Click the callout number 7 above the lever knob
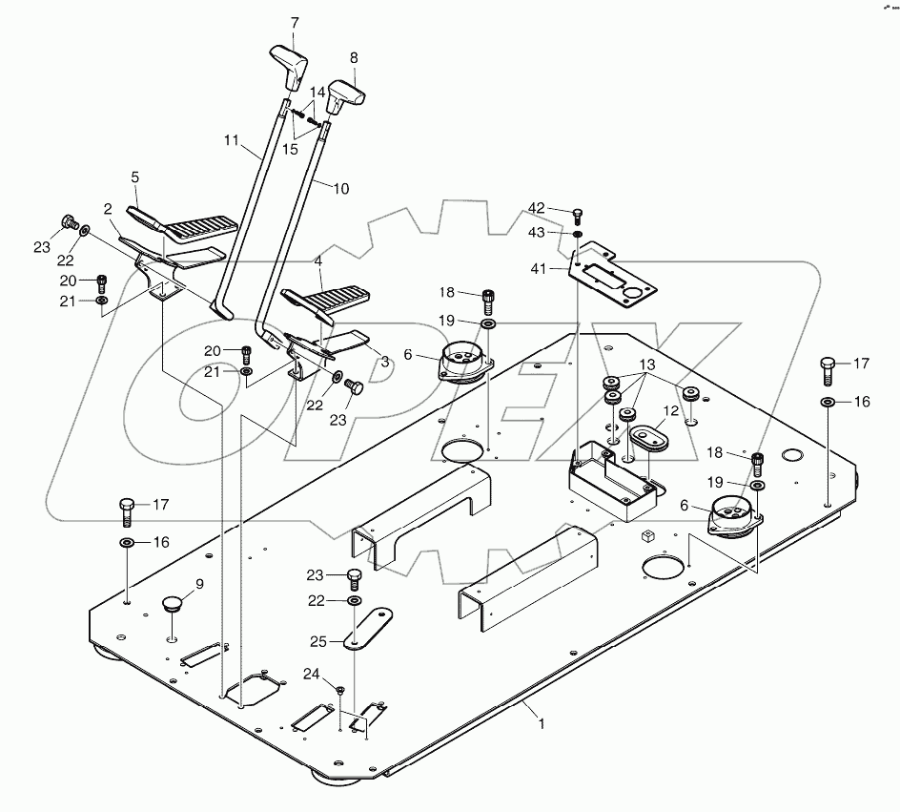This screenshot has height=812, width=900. [294, 22]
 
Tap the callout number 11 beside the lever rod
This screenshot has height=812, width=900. [232, 140]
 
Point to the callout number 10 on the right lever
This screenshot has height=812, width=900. [340, 189]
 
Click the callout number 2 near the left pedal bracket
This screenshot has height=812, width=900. [109, 208]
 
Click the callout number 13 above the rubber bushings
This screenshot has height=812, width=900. [648, 366]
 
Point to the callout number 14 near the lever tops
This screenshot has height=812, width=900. [316, 92]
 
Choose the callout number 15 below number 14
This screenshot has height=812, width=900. [290, 149]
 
